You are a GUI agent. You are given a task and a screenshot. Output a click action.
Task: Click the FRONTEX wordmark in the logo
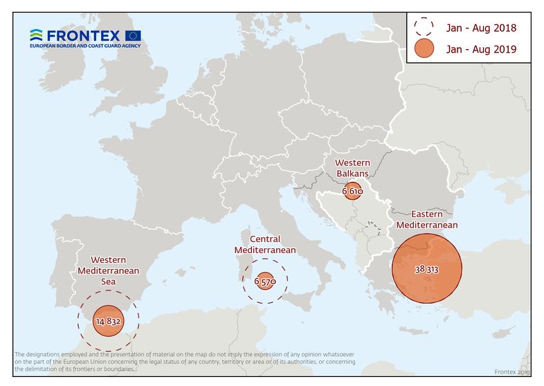(x=84, y=35)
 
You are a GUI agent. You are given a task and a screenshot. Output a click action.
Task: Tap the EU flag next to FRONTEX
(x=134, y=35)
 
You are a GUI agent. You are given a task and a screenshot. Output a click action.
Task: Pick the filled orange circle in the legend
(x=423, y=48)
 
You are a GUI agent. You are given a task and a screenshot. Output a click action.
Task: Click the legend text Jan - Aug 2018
(x=482, y=28)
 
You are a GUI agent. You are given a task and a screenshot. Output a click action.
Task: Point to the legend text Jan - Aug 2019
(x=482, y=49)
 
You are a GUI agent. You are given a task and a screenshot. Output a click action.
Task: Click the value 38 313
(x=426, y=269)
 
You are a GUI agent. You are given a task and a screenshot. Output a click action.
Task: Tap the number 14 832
(x=108, y=321)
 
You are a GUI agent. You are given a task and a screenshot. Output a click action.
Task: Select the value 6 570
(x=265, y=282)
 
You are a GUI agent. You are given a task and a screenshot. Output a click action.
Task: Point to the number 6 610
(x=352, y=191)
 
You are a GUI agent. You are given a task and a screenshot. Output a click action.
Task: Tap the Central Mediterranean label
(x=265, y=244)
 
